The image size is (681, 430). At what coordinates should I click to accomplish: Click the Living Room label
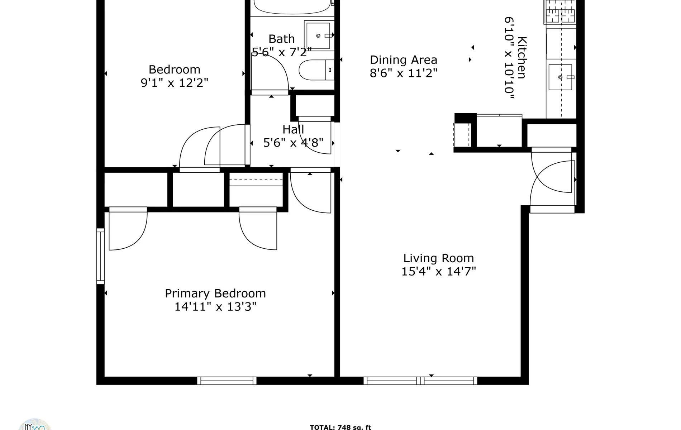click(x=438, y=258)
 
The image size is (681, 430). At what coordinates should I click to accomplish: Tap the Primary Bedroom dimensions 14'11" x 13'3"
click(x=215, y=307)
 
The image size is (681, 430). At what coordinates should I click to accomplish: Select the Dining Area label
click(x=403, y=59)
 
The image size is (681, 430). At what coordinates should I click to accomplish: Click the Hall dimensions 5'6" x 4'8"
click(x=293, y=143)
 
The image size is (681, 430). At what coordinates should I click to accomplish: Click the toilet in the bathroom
click(x=315, y=70)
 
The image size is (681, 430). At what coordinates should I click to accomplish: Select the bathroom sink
click(x=318, y=35)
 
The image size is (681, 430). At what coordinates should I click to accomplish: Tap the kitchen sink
click(x=560, y=77)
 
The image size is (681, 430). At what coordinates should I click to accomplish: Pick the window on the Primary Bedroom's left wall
click(x=100, y=256)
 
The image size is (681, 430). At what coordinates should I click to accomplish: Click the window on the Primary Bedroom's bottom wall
click(x=227, y=381)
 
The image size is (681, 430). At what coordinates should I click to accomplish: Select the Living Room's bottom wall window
click(x=420, y=381)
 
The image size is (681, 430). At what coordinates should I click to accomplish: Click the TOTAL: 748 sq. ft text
click(x=340, y=427)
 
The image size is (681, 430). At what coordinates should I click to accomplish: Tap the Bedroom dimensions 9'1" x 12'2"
click(x=174, y=83)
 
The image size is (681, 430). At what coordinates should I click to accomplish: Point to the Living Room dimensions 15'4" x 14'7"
click(x=438, y=271)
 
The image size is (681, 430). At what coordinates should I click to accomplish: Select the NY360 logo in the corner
click(x=35, y=425)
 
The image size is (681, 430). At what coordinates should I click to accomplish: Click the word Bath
click(x=281, y=39)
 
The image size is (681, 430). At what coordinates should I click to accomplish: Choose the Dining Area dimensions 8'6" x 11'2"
click(x=403, y=73)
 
